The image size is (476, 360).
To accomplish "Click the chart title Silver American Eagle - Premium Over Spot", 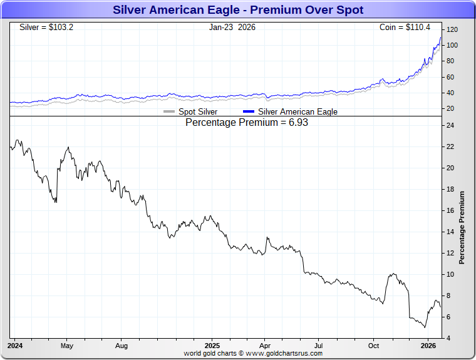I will click(238, 10).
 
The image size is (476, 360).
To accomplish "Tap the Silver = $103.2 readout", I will click(46, 28).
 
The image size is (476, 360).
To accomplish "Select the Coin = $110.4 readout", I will click(406, 28).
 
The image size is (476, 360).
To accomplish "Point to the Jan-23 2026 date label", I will click(232, 28).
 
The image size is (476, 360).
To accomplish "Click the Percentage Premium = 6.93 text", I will click(247, 123).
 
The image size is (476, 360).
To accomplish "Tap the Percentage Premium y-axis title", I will click(462, 227).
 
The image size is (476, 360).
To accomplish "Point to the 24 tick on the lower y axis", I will click(450, 125).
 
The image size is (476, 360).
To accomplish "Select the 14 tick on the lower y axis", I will click(450, 232).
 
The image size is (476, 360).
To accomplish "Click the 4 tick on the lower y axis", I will click(448, 338).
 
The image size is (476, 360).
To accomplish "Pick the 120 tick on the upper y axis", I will click(452, 29).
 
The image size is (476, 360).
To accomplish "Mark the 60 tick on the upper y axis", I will click(450, 77).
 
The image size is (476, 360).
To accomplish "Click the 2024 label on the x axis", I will click(16, 346).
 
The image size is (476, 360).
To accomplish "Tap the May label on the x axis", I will click(67, 346).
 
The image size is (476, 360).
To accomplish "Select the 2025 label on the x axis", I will click(212, 346).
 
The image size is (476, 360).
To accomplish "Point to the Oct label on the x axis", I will click(373, 346).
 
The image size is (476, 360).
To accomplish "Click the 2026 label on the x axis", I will click(428, 346).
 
